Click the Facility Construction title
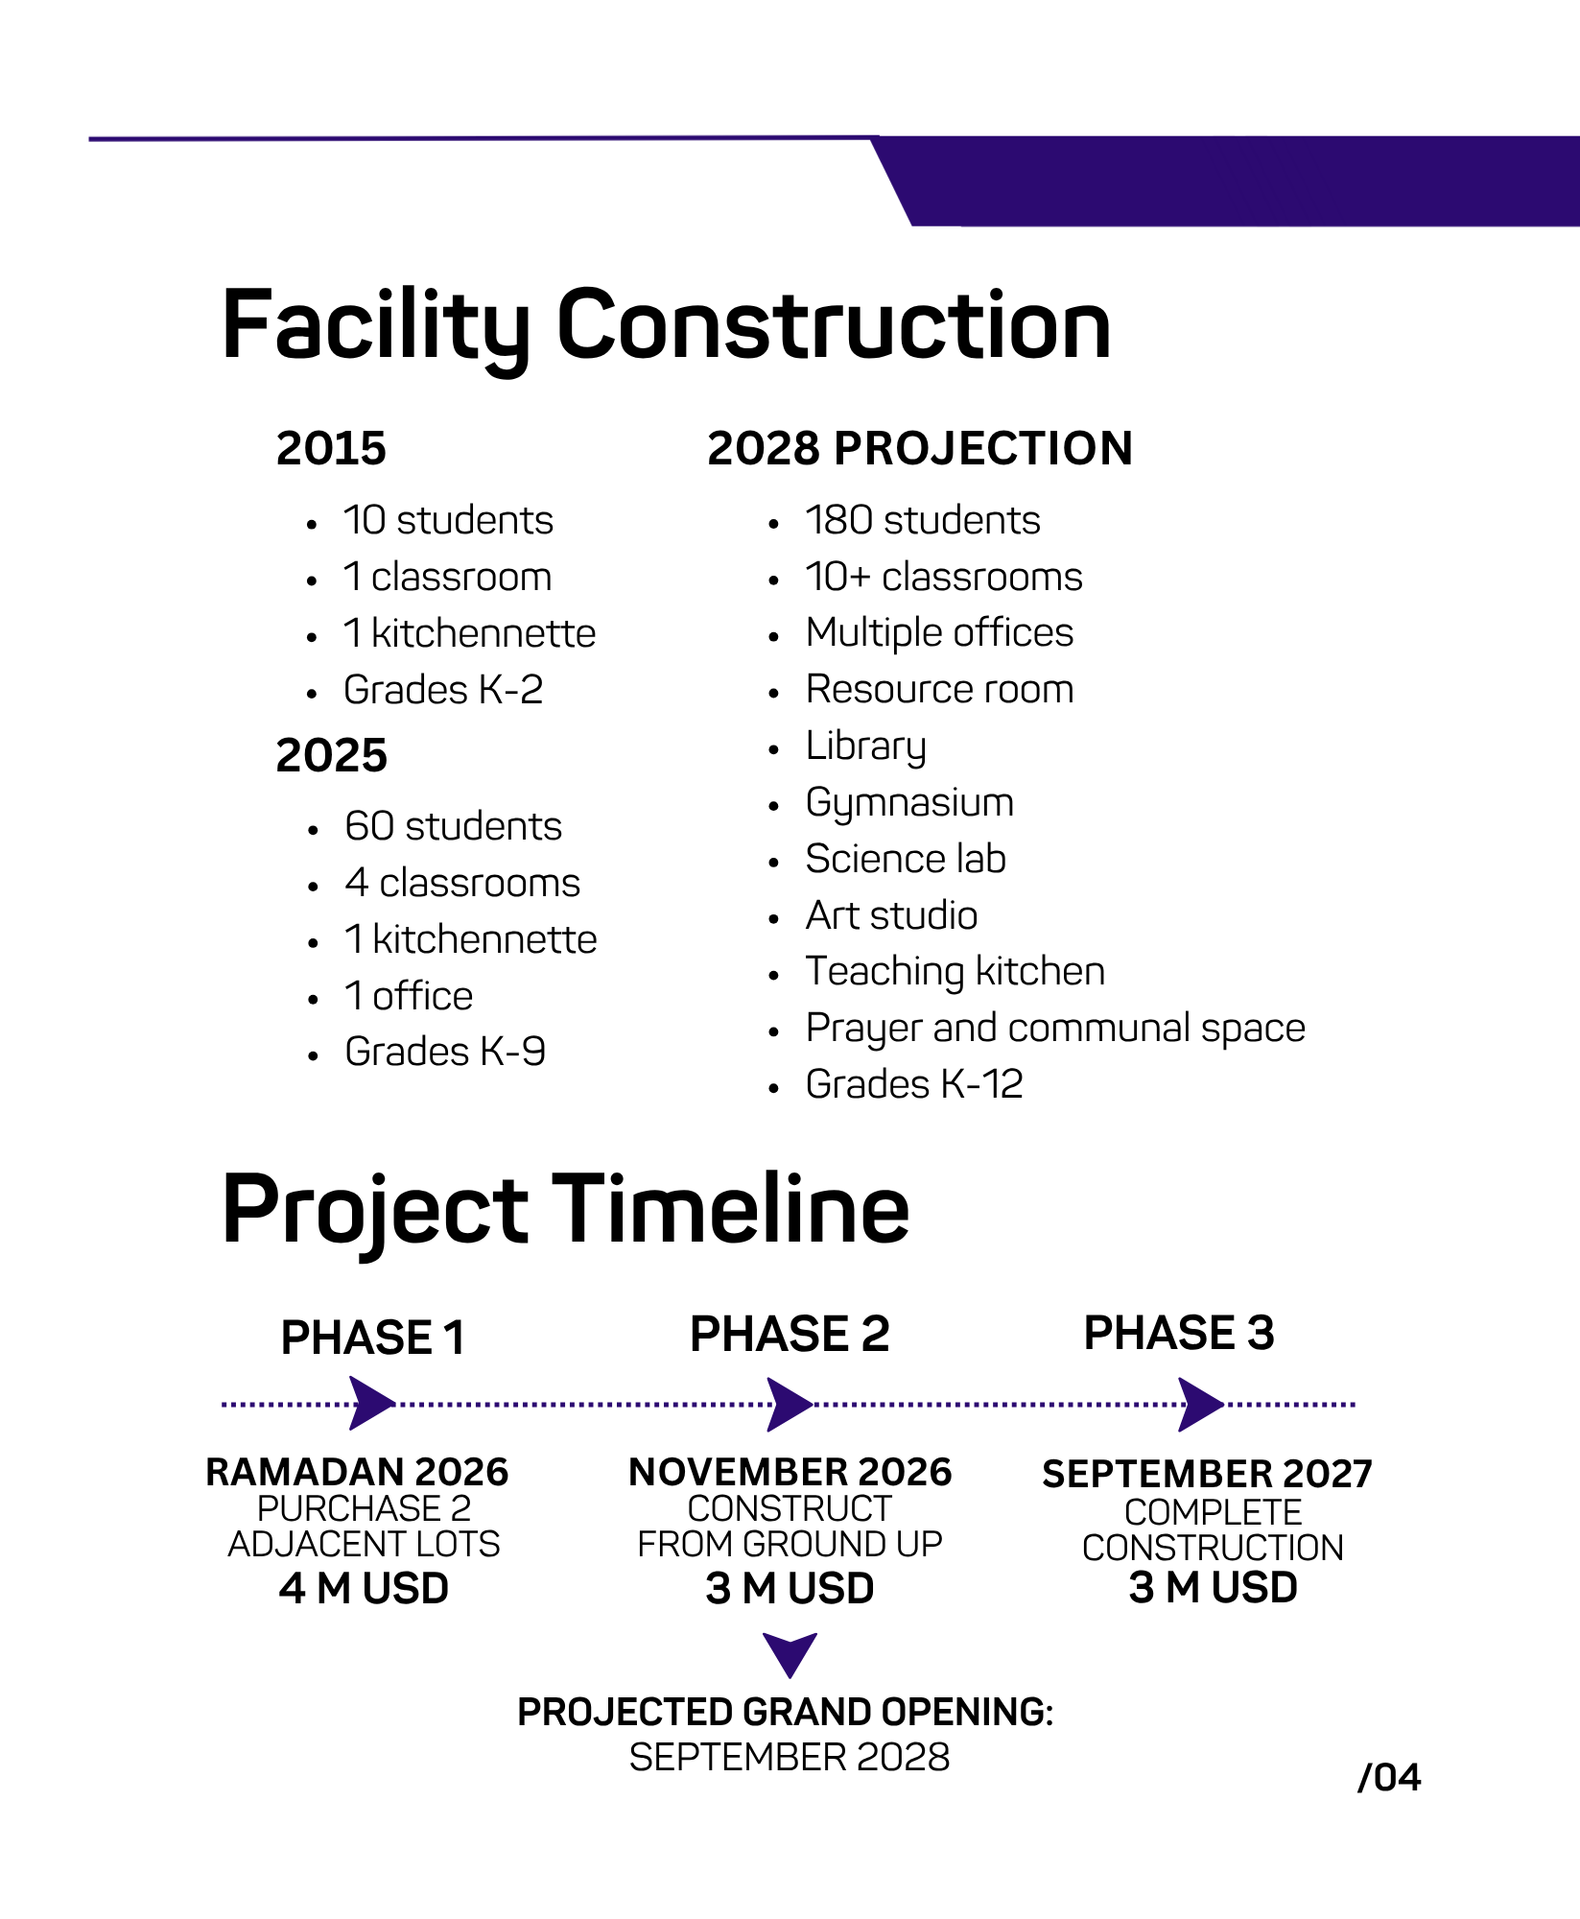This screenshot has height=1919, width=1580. [x=666, y=326]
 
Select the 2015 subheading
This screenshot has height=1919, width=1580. [x=331, y=448]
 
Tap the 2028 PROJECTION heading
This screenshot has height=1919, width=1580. [x=920, y=448]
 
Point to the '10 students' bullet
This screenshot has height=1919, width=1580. [x=448, y=520]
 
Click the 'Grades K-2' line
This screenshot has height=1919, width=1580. [x=443, y=690]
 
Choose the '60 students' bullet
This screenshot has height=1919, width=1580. [x=453, y=826]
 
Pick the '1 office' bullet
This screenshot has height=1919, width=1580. [x=409, y=996]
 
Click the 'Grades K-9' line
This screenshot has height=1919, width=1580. [x=445, y=1052]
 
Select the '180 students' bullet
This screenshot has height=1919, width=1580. [x=923, y=520]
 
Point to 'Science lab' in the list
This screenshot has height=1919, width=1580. [x=906, y=859]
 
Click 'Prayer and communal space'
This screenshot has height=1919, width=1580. [x=1055, y=1029]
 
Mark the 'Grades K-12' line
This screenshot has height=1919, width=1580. [x=914, y=1084]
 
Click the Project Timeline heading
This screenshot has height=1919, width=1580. [x=566, y=1211]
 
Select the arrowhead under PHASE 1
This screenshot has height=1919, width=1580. [x=372, y=1404]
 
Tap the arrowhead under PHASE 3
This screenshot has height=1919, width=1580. [x=1201, y=1405]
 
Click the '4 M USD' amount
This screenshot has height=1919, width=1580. [x=365, y=1589]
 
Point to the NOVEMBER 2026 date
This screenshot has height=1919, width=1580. [x=790, y=1472]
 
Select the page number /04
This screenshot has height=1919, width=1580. [x=1389, y=1778]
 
